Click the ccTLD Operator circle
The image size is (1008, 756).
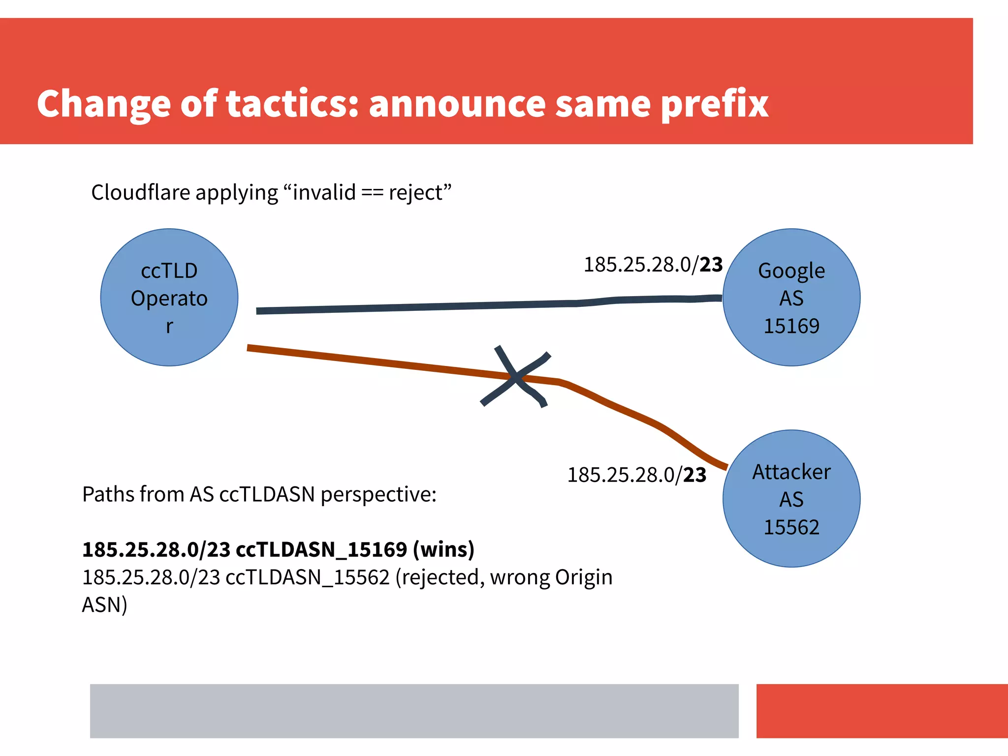coord(169,298)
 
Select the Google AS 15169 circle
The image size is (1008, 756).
coord(791,298)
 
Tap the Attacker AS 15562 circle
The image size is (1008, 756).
coord(791,498)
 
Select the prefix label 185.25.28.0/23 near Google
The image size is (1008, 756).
coord(653,265)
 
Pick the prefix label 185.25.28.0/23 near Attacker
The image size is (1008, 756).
coord(636,475)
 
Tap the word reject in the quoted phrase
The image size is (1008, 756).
coord(416,193)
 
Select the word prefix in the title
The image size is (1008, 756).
coord(714,104)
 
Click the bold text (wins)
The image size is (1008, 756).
coord(443,549)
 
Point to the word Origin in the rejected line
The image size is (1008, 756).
coord(584,577)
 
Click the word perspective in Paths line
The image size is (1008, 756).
coord(378,494)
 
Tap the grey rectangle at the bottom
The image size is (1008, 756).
coord(414,711)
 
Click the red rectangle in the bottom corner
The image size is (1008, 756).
coord(882,711)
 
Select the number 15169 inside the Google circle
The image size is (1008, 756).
coord(791,326)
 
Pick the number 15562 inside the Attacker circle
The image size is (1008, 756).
coord(791,527)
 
